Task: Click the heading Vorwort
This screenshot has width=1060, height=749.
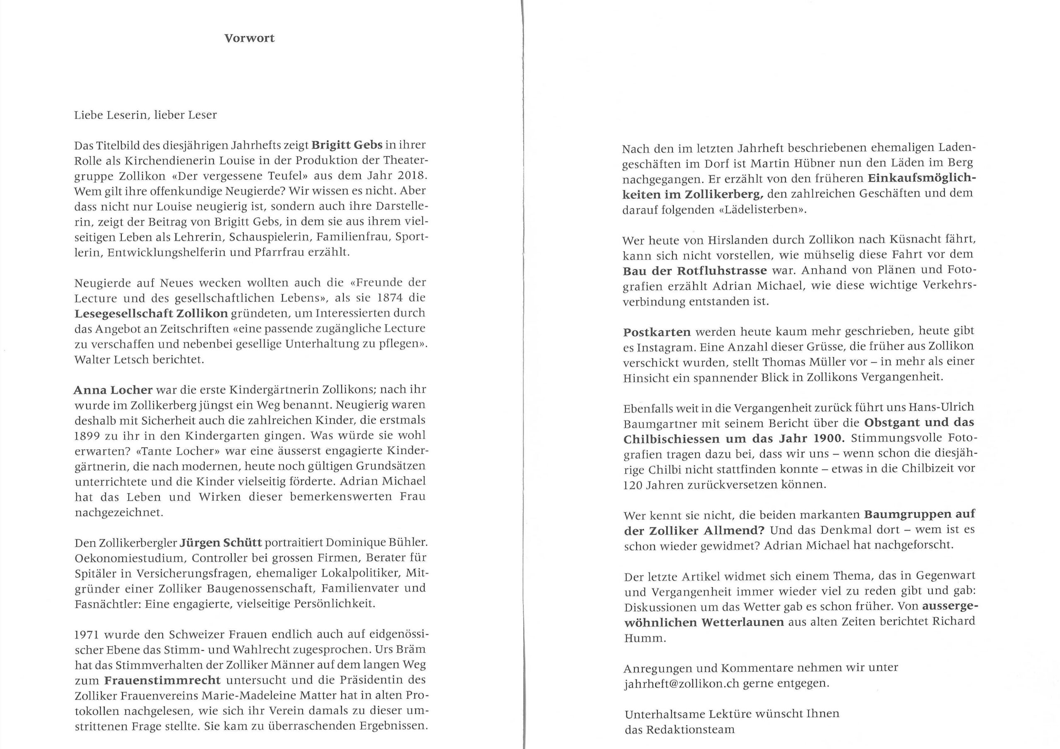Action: [249, 38]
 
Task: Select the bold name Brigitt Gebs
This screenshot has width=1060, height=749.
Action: [347, 145]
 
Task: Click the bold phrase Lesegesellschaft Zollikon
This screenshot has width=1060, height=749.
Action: [151, 313]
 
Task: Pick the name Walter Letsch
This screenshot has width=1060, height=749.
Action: [106, 360]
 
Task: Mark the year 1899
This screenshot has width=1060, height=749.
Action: [88, 436]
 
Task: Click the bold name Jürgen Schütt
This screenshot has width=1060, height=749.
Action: [221, 542]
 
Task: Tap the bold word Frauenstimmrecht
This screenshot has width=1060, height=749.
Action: [162, 680]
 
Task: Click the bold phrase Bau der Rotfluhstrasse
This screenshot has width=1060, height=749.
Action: [695, 271]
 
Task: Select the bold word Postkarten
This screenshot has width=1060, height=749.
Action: [657, 332]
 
